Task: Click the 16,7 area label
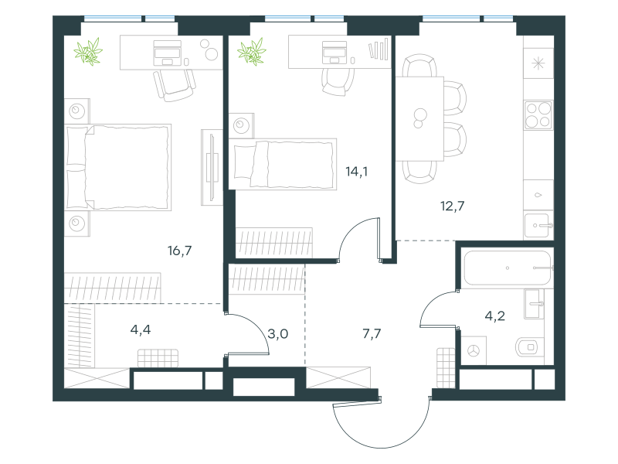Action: tap(180, 251)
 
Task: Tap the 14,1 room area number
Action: tap(357, 172)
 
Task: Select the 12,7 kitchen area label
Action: tap(452, 206)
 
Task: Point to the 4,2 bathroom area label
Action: tap(494, 316)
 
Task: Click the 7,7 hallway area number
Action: tap(372, 334)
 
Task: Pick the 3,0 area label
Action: tap(278, 334)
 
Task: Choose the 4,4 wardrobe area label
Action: tap(141, 329)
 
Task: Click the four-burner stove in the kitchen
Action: tap(538, 115)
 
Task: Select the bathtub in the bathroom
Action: tap(508, 268)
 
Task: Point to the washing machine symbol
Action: tap(474, 350)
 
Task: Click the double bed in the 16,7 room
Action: tap(118, 167)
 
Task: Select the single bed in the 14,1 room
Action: tap(283, 164)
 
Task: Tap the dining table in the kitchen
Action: tap(419, 119)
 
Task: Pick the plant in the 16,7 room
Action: tap(88, 52)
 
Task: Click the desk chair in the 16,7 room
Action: tap(175, 85)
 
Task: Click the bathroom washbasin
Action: tap(534, 304)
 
